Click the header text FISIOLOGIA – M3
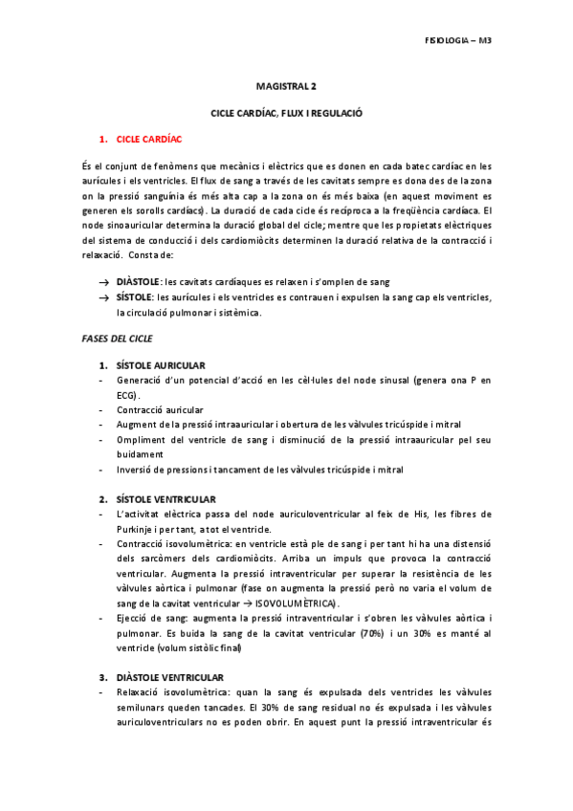[x=456, y=41]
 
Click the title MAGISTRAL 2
[x=286, y=86]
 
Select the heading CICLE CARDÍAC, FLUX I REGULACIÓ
[x=286, y=113]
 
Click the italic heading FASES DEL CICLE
[x=119, y=340]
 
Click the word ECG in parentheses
[x=124, y=395]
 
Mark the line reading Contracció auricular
[x=159, y=410]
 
